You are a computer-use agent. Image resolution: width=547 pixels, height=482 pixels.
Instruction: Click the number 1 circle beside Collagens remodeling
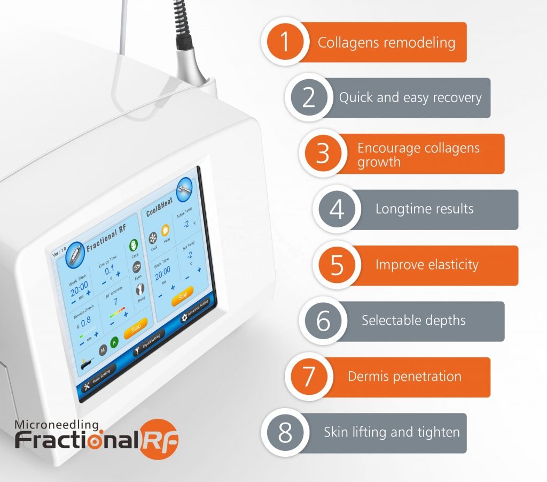[x=285, y=42]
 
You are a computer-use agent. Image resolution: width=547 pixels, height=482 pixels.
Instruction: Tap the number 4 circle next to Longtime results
[x=337, y=210]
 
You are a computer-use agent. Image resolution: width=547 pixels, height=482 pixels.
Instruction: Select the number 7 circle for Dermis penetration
[x=309, y=377]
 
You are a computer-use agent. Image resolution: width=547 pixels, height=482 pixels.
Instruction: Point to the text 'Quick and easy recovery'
[x=410, y=98]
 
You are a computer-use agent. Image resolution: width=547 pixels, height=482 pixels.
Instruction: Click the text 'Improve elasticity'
[x=427, y=265]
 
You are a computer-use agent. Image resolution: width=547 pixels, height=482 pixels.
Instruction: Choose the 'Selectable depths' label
[x=413, y=320]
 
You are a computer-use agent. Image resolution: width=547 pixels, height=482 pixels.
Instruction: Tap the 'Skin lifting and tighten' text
[x=392, y=432]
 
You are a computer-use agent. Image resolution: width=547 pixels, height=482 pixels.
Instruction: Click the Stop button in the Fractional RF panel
[x=135, y=331]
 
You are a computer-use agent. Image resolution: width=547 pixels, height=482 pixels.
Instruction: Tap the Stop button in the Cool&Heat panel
[x=183, y=296]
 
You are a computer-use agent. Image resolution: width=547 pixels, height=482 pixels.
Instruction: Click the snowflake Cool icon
[x=152, y=238]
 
